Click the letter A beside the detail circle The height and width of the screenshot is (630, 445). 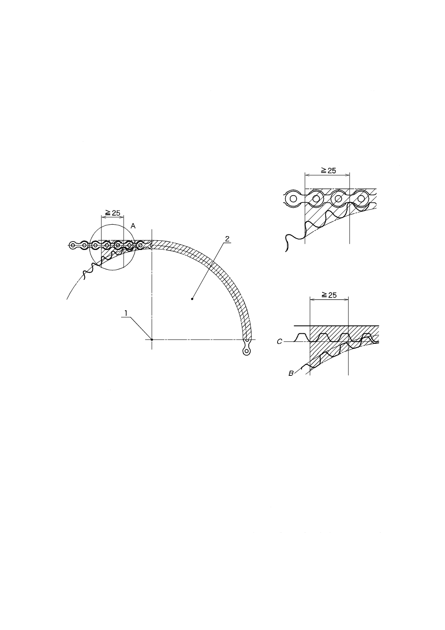click(133, 226)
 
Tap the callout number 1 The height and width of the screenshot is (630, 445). click(126, 313)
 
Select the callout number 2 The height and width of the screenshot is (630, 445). click(227, 239)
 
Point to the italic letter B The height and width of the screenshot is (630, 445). click(291, 374)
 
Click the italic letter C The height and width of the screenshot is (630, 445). click(279, 342)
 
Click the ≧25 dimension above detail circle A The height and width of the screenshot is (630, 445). click(112, 213)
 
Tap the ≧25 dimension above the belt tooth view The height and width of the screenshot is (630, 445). click(329, 295)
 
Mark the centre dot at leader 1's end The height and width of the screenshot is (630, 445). click(152, 340)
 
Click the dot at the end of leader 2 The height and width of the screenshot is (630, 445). click(192, 299)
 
